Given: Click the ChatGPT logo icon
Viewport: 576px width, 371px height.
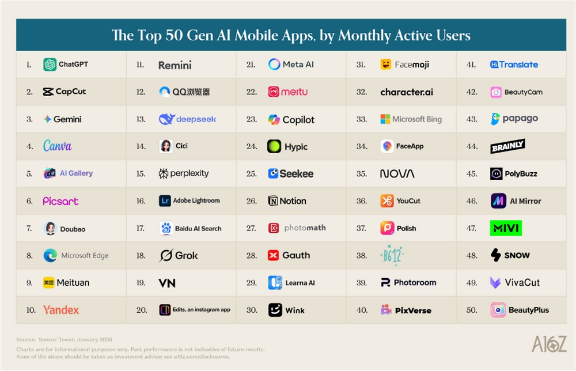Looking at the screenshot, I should point(50,65).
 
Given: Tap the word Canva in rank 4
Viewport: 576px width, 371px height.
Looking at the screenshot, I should point(58,146).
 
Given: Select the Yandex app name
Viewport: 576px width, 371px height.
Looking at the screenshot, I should point(61,310).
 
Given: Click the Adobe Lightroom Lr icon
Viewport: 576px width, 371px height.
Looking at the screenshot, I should point(165,201).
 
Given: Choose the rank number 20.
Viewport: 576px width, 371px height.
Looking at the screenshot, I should point(142,310).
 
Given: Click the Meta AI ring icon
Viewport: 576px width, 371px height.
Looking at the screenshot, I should point(274,65).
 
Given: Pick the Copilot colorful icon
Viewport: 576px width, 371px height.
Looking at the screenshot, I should point(274,120).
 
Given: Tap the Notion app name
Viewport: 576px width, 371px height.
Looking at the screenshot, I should point(293,201).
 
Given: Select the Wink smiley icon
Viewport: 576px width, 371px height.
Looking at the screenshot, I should point(275,310).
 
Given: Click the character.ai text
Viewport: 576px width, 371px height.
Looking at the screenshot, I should point(407,92).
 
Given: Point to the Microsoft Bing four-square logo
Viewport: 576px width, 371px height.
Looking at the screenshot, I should point(385,119).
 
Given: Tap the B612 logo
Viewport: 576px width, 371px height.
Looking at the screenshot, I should point(392,255).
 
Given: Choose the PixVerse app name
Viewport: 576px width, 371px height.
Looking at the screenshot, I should point(413,311).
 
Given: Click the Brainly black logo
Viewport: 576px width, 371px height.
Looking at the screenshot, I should point(507,146).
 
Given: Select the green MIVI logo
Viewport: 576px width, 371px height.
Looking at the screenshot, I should point(506,228).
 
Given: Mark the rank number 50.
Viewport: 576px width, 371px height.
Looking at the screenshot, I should point(472,310).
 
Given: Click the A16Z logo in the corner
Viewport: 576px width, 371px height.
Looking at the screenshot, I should point(548,344).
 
